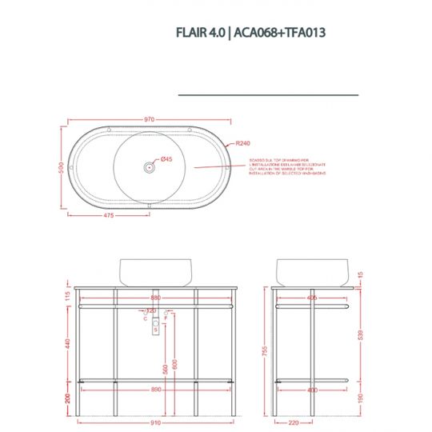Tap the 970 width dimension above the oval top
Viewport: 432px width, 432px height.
pos(149,119)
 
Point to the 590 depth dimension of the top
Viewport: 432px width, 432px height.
pos(59,170)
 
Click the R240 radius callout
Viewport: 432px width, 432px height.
pos(243,144)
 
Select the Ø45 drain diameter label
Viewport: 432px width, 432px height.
pos(166,160)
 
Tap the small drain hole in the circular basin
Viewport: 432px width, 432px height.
pos(149,168)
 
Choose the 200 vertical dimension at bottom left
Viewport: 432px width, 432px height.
pos(69,398)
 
